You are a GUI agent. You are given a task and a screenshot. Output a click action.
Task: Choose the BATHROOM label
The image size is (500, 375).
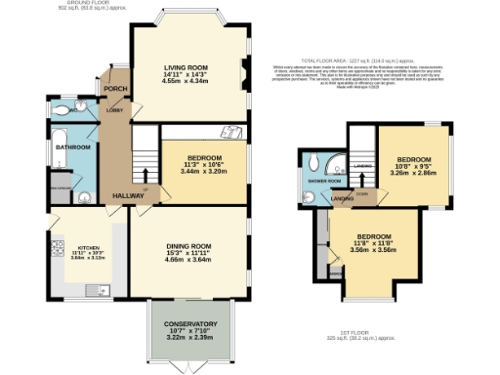coord(72,147)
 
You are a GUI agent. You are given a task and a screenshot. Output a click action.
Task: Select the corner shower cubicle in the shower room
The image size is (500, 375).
coord(335,162)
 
